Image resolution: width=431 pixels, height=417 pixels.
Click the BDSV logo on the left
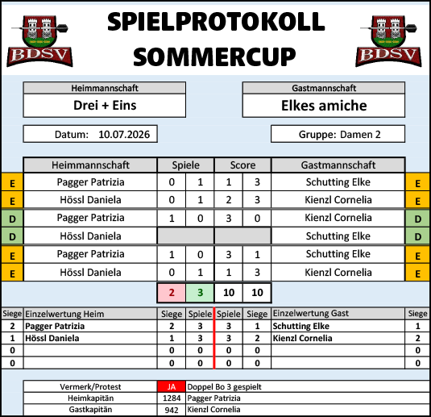point(39,41)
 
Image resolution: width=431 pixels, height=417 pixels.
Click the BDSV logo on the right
point(388,41)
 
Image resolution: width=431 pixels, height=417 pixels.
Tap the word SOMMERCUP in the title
point(214,56)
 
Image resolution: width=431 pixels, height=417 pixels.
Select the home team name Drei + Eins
point(105,106)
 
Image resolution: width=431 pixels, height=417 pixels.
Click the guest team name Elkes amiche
point(324,106)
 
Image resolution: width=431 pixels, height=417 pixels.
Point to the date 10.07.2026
point(124,135)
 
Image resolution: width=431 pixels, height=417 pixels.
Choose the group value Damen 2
point(360,135)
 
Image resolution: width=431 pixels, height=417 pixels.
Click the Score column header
point(242,165)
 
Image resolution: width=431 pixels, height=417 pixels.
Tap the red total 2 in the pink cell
point(172,293)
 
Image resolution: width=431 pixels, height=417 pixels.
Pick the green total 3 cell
point(200,293)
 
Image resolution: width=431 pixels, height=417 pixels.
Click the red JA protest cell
point(172,386)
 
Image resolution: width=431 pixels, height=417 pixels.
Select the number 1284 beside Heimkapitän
point(172,398)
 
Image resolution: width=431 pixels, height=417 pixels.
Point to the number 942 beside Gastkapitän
point(172,410)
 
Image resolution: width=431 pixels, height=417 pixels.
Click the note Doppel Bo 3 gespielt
point(224,386)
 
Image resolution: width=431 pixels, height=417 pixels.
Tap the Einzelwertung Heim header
point(64,314)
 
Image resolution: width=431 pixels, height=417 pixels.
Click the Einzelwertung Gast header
point(311,313)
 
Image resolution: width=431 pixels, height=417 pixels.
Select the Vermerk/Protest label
point(90,386)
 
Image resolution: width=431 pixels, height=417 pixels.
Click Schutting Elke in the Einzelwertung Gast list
point(301,326)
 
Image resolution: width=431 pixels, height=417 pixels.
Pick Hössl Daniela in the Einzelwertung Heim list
point(52,338)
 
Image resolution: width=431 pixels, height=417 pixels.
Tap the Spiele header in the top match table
point(186,165)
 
